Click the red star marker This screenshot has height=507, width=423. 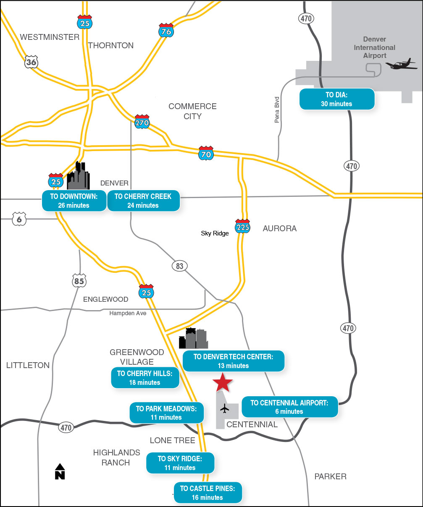click(x=222, y=382)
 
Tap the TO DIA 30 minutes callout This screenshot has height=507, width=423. click(x=336, y=99)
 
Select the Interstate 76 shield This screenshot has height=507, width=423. click(x=166, y=30)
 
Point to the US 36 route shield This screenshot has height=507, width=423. click(x=32, y=62)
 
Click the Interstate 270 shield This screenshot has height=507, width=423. click(x=142, y=122)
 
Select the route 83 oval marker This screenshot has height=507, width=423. click(x=180, y=266)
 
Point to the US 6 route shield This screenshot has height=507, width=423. click(x=19, y=219)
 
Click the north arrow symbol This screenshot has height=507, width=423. click(x=60, y=471)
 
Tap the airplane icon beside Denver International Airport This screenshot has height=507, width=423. click(x=401, y=65)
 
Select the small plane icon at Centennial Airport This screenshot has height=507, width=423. click(x=225, y=408)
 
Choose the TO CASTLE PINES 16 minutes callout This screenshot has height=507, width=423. click(x=208, y=493)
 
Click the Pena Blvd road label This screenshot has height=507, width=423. click(x=277, y=110)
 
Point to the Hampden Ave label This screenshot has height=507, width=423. click(x=128, y=313)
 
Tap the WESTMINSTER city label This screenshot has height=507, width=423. click(x=50, y=37)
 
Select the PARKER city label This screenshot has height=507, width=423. click(x=331, y=476)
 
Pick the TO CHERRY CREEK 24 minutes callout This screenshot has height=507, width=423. click(x=143, y=201)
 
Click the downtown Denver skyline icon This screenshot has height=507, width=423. click(x=79, y=176)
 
